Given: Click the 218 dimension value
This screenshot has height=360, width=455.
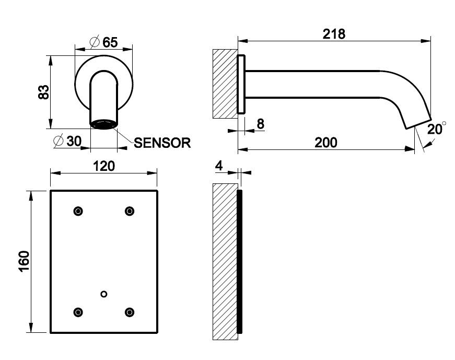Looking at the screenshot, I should [x=334, y=34].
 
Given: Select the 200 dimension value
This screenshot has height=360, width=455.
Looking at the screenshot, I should [x=326, y=142].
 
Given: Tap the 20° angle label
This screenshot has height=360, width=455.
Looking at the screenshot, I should [x=436, y=129].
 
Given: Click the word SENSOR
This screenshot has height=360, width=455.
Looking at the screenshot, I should [x=162, y=143].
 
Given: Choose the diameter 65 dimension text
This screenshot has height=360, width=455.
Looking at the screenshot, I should [x=103, y=42].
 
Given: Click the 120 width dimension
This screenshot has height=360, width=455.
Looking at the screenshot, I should [x=103, y=166].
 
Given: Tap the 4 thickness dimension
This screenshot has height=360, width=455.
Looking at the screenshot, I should [x=219, y=166].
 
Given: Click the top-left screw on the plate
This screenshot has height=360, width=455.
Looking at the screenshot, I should [x=78, y=211].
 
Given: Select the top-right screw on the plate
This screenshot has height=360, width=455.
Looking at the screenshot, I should [x=129, y=211].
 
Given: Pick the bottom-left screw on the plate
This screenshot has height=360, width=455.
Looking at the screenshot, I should [x=78, y=312].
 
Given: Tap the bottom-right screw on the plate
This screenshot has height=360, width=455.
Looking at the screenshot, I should [x=129, y=312].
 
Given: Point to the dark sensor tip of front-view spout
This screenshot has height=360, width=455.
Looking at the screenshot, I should [x=103, y=124].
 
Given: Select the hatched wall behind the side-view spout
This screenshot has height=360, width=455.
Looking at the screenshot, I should [x=224, y=84].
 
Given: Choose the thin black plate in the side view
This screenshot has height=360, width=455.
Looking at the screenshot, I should [x=240, y=261].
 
